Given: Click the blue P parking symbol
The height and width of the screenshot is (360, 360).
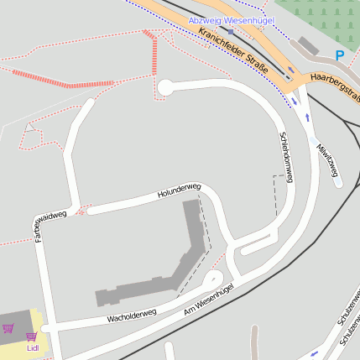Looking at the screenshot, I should (340, 55).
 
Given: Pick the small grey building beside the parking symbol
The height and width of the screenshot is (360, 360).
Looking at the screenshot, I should (308, 44).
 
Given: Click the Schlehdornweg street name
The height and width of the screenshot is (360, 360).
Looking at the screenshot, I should (286, 157).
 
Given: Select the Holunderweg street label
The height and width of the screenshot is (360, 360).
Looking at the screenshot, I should (180, 190).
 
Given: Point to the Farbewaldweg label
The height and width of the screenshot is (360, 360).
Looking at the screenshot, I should (50, 227).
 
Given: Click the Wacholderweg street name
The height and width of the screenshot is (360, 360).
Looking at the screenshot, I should (132, 315).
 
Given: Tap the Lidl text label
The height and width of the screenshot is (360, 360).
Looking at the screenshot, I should (33, 347).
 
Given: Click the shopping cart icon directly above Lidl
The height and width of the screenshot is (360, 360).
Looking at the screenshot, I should (32, 337).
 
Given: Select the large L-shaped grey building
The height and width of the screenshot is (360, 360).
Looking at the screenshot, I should (180, 260).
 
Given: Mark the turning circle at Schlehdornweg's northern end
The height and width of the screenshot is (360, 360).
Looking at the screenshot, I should (165, 86).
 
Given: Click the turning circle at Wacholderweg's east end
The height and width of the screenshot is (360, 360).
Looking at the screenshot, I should (214, 280).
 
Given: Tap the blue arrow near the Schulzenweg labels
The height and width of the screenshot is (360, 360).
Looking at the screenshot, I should (314, 353).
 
